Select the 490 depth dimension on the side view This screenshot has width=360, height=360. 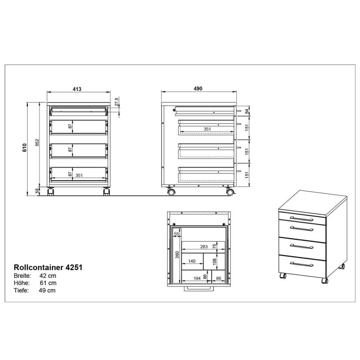point(198,89)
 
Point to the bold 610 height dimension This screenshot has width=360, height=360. point(24,148)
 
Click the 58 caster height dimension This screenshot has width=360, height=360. point(37,191)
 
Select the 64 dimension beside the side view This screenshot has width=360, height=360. point(247,111)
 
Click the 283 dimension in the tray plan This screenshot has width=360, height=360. point(203,246)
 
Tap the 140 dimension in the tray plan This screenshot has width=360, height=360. point(192,261)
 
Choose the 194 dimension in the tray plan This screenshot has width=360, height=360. point(197,278)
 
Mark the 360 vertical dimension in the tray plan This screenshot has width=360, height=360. point(177,255)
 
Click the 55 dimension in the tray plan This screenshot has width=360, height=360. point(176,234)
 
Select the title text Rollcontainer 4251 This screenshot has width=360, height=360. point(48,267)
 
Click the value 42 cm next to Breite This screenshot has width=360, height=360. point(47,275)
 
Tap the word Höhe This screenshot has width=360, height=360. point(21,283)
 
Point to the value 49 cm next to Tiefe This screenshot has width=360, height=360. point(47,290)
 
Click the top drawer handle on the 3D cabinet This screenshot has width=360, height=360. point(301,219)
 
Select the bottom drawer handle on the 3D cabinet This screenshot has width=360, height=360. point(301,264)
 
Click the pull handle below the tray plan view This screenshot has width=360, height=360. point(199,288)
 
